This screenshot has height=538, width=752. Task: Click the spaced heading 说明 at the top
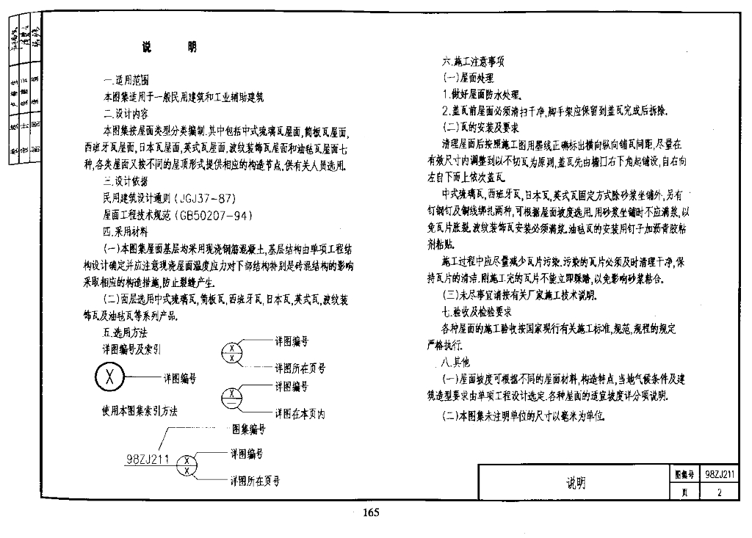(x=170, y=48)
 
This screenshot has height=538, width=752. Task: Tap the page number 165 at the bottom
(x=370, y=513)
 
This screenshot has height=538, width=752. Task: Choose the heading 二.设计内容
(x=126, y=114)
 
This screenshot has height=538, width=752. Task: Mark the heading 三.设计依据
(x=126, y=181)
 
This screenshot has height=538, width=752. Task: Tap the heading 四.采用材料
(x=126, y=231)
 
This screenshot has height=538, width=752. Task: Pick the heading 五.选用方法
(x=126, y=332)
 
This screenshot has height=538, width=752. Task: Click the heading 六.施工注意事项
(x=473, y=62)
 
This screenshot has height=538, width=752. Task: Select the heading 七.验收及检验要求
(x=477, y=311)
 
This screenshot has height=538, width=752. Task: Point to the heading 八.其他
(x=455, y=362)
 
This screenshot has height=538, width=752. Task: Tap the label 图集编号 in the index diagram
(x=248, y=428)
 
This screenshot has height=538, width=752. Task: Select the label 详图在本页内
(x=300, y=414)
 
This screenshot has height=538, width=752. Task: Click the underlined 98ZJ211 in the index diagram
(x=148, y=460)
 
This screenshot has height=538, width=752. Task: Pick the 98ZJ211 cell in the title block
(x=720, y=474)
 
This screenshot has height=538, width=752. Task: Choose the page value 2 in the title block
(x=720, y=492)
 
